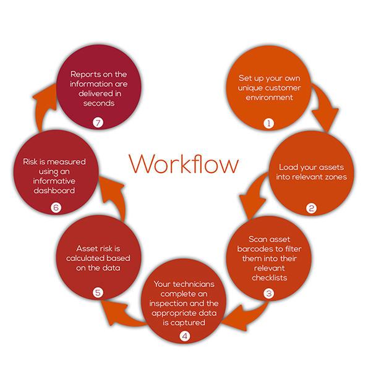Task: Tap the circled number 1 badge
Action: click(x=268, y=123)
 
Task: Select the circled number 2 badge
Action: click(x=312, y=208)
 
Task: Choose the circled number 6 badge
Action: click(x=56, y=208)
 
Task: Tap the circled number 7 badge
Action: click(x=97, y=123)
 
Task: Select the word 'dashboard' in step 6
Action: click(x=56, y=191)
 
